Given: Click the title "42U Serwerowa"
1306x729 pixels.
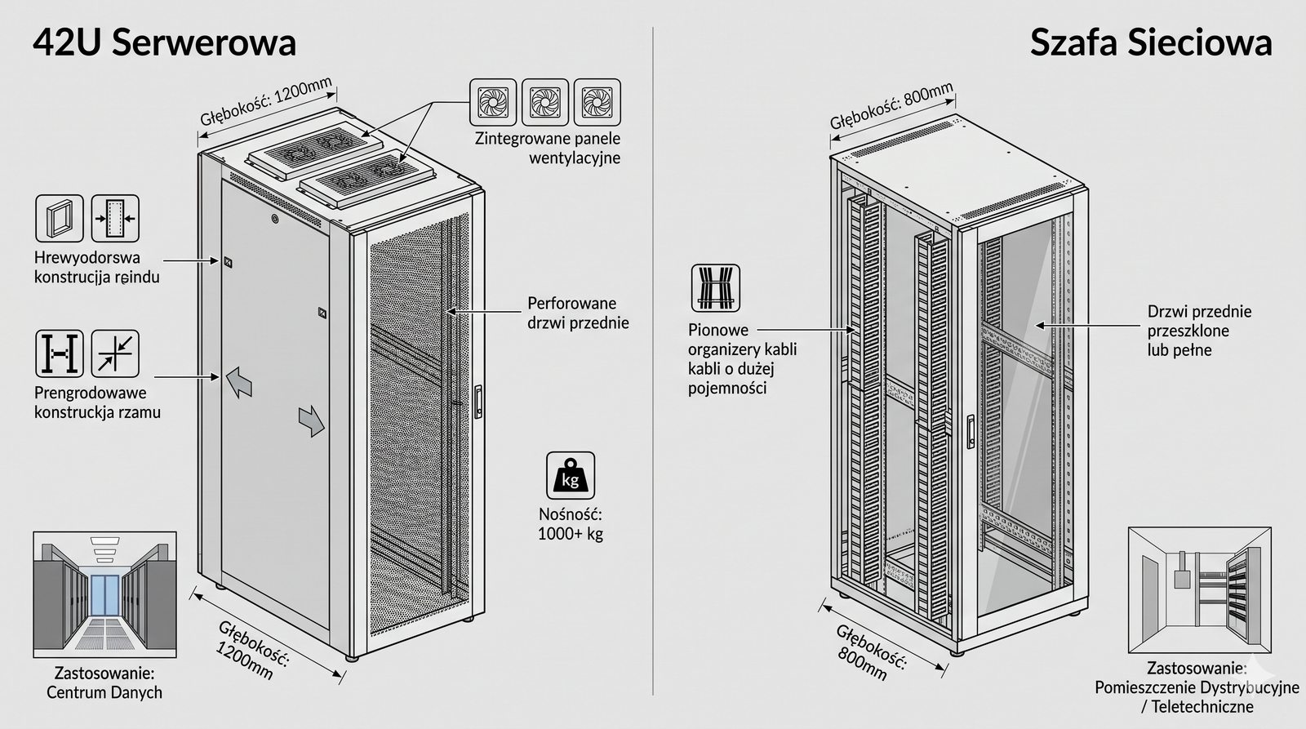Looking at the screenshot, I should (x=164, y=42).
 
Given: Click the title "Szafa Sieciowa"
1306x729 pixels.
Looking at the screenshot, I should (x=1150, y=42).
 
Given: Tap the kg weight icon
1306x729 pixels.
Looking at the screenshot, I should (x=570, y=476).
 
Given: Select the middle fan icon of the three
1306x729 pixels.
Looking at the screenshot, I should (x=544, y=102).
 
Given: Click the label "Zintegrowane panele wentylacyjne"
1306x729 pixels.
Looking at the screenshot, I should (x=548, y=149).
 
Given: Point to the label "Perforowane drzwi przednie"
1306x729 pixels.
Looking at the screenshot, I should (x=578, y=313).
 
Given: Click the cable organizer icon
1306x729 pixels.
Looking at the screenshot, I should (x=716, y=287).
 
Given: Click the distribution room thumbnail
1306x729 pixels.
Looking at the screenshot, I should (x=1199, y=589).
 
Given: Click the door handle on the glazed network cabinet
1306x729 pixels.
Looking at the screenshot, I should (x=970, y=431).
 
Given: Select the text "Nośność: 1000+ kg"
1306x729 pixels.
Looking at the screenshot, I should (x=570, y=524).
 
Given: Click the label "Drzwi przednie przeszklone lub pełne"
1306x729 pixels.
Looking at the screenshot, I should (x=1199, y=331).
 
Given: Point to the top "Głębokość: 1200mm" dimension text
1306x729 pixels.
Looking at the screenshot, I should (x=266, y=101).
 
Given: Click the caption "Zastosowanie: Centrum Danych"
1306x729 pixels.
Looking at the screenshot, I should (x=104, y=683).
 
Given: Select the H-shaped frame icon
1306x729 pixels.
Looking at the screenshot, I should (x=60, y=353).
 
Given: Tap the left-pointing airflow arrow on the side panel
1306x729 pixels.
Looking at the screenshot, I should (x=238, y=380).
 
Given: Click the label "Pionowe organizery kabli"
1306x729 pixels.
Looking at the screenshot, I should (x=742, y=359).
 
